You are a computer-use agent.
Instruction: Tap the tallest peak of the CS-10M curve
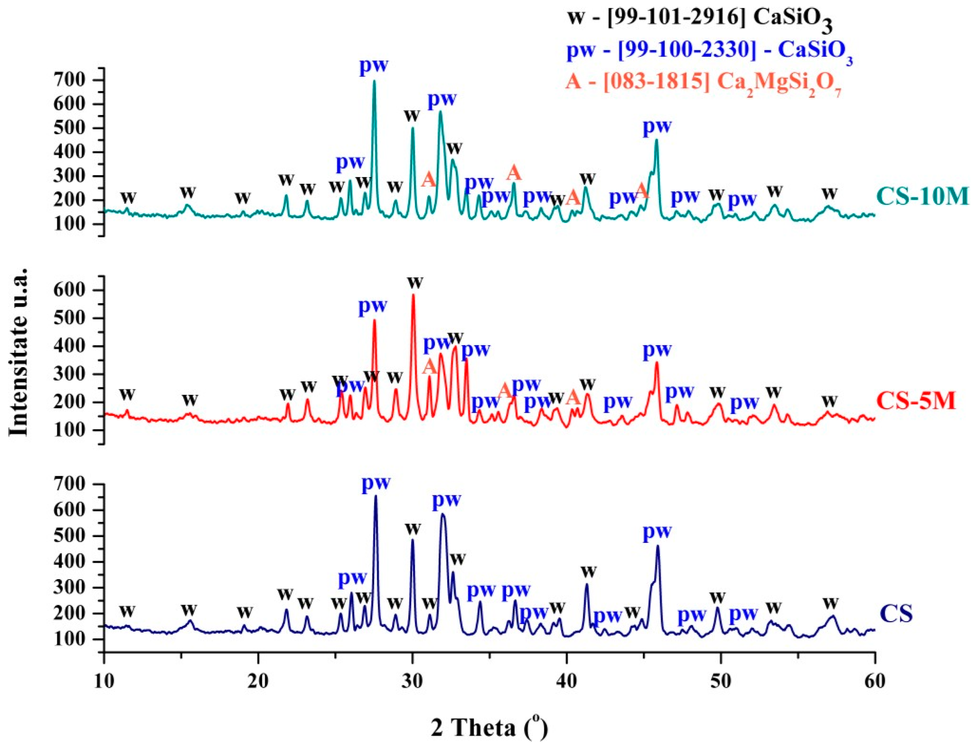pos(374,82)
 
